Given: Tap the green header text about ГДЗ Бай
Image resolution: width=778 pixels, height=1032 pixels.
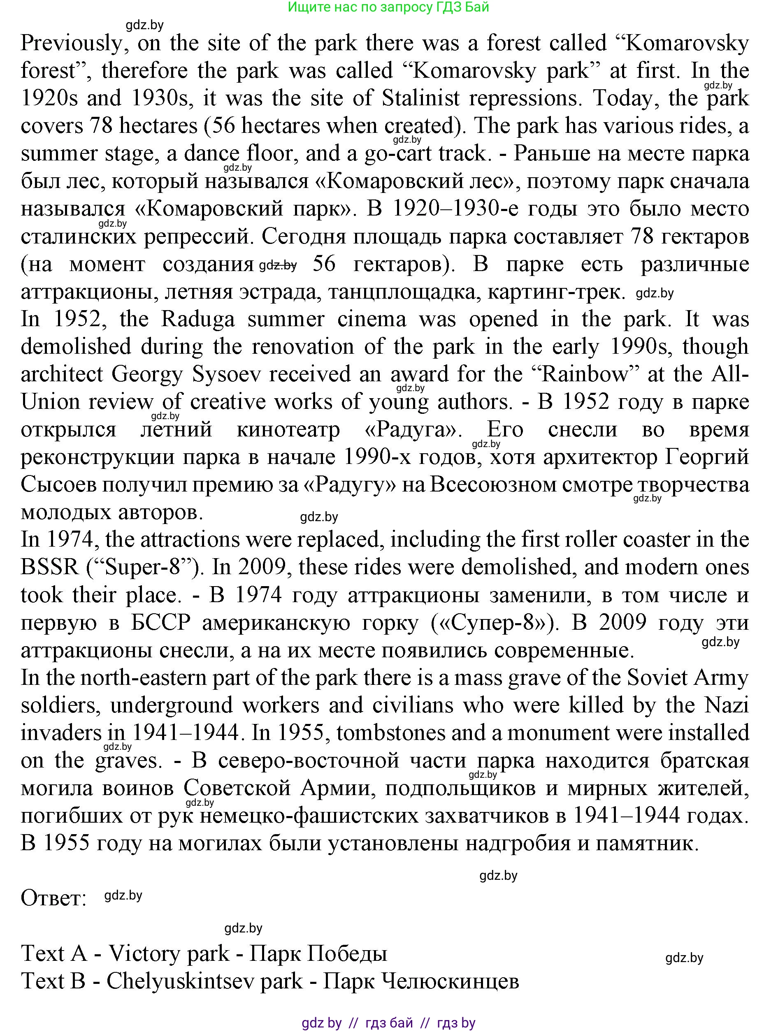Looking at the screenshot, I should [x=388, y=7].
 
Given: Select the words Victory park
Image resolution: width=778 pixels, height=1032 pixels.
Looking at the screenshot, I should [x=169, y=953].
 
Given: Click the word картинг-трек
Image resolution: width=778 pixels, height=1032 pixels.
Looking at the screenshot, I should [x=556, y=292].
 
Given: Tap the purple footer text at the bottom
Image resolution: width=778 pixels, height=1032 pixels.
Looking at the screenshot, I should [x=388, y=1023].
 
